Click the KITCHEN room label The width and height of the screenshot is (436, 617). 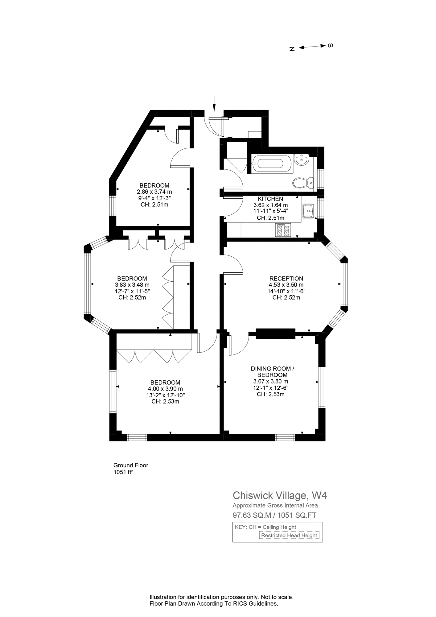(270, 199)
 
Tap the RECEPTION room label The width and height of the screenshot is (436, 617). (286, 279)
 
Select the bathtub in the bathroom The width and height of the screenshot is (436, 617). (270, 164)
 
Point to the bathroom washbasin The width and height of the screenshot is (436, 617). (301, 159)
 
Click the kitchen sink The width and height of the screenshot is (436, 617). (308, 211)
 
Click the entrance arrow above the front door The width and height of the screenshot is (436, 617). (214, 103)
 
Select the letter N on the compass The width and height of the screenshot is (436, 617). (292, 49)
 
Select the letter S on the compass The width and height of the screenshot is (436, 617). (330, 45)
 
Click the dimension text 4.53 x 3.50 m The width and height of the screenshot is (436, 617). (286, 285)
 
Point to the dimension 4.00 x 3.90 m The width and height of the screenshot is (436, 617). (165, 389)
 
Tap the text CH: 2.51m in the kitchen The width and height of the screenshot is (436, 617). (270, 218)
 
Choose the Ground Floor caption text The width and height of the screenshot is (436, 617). (131, 465)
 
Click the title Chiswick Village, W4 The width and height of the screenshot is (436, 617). (280, 495)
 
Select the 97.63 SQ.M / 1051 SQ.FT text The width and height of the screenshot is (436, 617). (274, 515)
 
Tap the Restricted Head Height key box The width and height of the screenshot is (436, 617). (289, 535)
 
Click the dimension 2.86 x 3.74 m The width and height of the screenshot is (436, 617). (154, 192)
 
